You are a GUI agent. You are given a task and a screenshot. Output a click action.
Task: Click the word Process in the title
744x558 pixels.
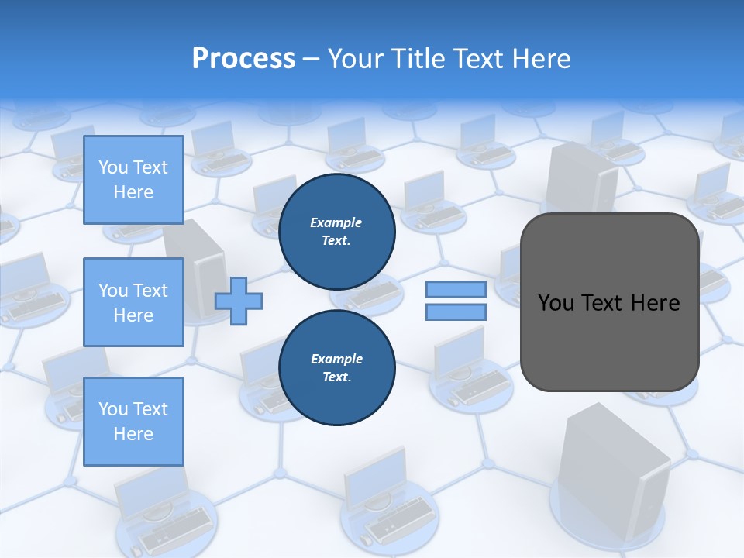tap(243, 58)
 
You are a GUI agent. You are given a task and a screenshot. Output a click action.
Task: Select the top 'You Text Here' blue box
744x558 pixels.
tap(133, 180)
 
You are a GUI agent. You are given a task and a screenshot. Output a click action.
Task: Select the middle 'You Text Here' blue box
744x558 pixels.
tap(133, 302)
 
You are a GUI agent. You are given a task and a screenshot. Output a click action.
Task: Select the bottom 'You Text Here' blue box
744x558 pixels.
tap(133, 421)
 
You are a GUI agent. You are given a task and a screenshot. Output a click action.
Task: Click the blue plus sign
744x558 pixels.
tap(239, 301)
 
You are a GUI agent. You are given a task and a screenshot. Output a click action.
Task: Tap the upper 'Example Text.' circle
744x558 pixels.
tap(336, 232)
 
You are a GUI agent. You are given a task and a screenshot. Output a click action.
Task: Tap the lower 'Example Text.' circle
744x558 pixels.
tap(336, 368)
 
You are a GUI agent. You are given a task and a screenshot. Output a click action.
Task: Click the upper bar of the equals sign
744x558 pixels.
tap(456, 290)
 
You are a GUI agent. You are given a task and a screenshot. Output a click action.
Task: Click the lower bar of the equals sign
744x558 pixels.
tap(456, 312)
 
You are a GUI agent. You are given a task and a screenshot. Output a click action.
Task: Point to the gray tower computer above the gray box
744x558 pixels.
tap(581, 178)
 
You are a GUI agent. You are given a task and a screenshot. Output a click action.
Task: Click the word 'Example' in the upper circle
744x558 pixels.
tap(336, 223)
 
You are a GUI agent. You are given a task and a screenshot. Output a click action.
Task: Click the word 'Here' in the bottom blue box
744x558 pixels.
tap(133, 434)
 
